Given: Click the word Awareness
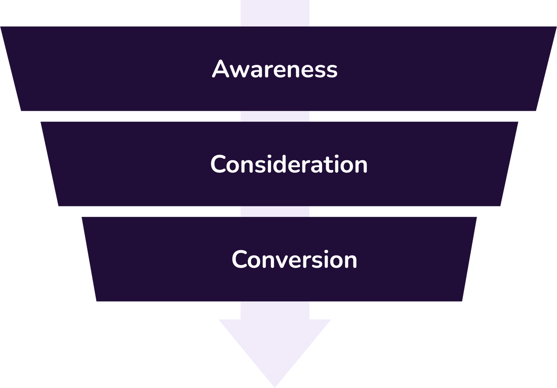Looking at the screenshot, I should (275, 69).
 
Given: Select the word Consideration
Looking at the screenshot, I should (289, 164).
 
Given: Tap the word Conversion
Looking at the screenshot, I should (294, 260).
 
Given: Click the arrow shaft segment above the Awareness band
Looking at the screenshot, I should (275, 13).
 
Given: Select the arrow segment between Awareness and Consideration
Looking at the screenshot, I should (275, 116).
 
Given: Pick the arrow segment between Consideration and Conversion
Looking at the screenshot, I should (275, 211).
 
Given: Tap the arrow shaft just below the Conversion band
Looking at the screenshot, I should (275, 310).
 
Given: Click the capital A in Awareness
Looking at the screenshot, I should (220, 69).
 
